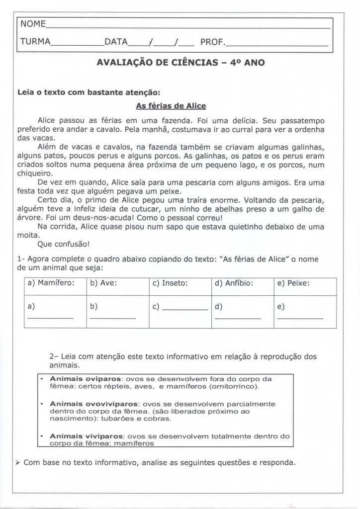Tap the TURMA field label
(35, 42)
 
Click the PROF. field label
(212, 42)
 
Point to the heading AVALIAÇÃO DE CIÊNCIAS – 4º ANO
(180, 63)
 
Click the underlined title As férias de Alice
(171, 106)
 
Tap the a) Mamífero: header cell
(51, 283)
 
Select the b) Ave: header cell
(103, 283)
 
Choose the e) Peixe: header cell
(293, 283)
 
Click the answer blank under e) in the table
(300, 318)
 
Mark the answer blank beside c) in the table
(185, 309)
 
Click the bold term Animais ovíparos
(79, 379)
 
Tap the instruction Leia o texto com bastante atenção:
(89, 92)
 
